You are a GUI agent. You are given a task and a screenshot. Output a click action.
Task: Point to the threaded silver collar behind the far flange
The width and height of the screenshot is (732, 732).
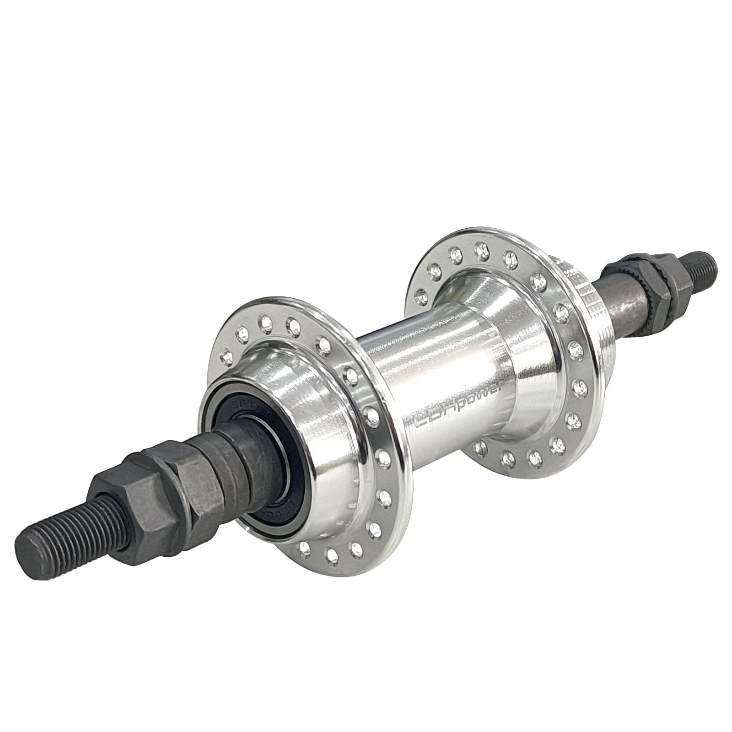[x=581, y=293]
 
